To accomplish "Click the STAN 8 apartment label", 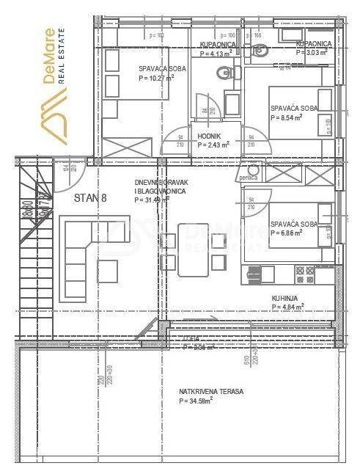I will point(91,197).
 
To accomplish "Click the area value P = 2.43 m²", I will point(213,145).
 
